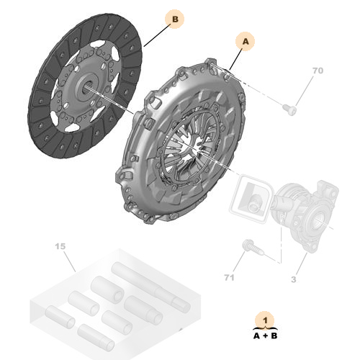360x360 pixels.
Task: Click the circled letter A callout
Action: pyautogui.click(x=246, y=42)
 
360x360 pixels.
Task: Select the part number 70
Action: pyautogui.click(x=318, y=72)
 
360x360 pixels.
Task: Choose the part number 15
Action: pyautogui.click(x=60, y=248)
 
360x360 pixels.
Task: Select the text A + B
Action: pyautogui.click(x=266, y=335)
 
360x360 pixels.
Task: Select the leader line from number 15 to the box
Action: pyautogui.click(x=68, y=261)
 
